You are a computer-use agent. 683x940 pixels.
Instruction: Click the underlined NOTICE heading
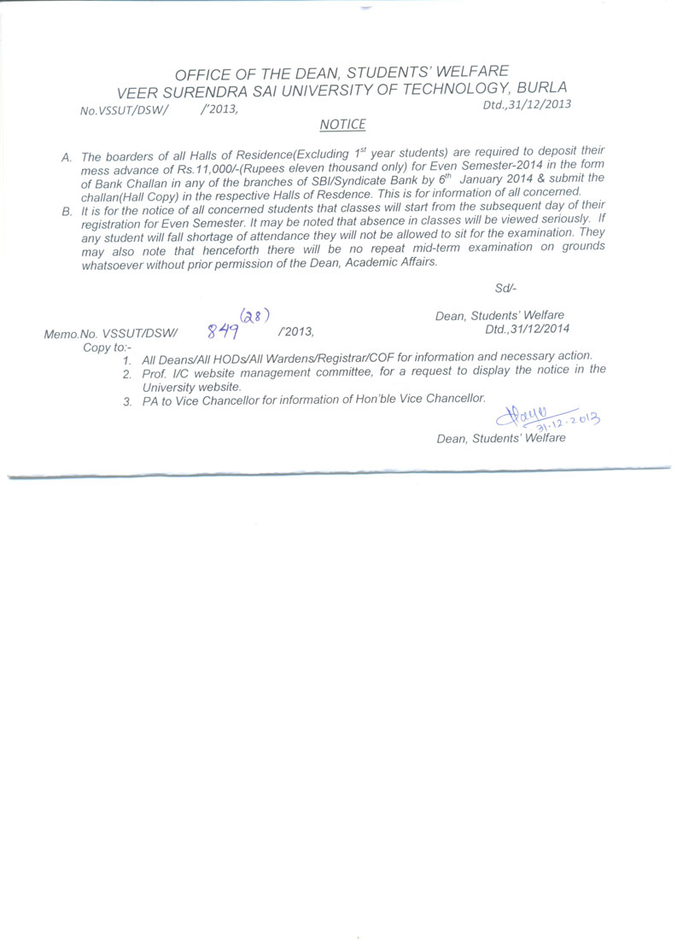(x=342, y=125)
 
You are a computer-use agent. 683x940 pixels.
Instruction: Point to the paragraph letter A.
(x=66, y=156)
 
